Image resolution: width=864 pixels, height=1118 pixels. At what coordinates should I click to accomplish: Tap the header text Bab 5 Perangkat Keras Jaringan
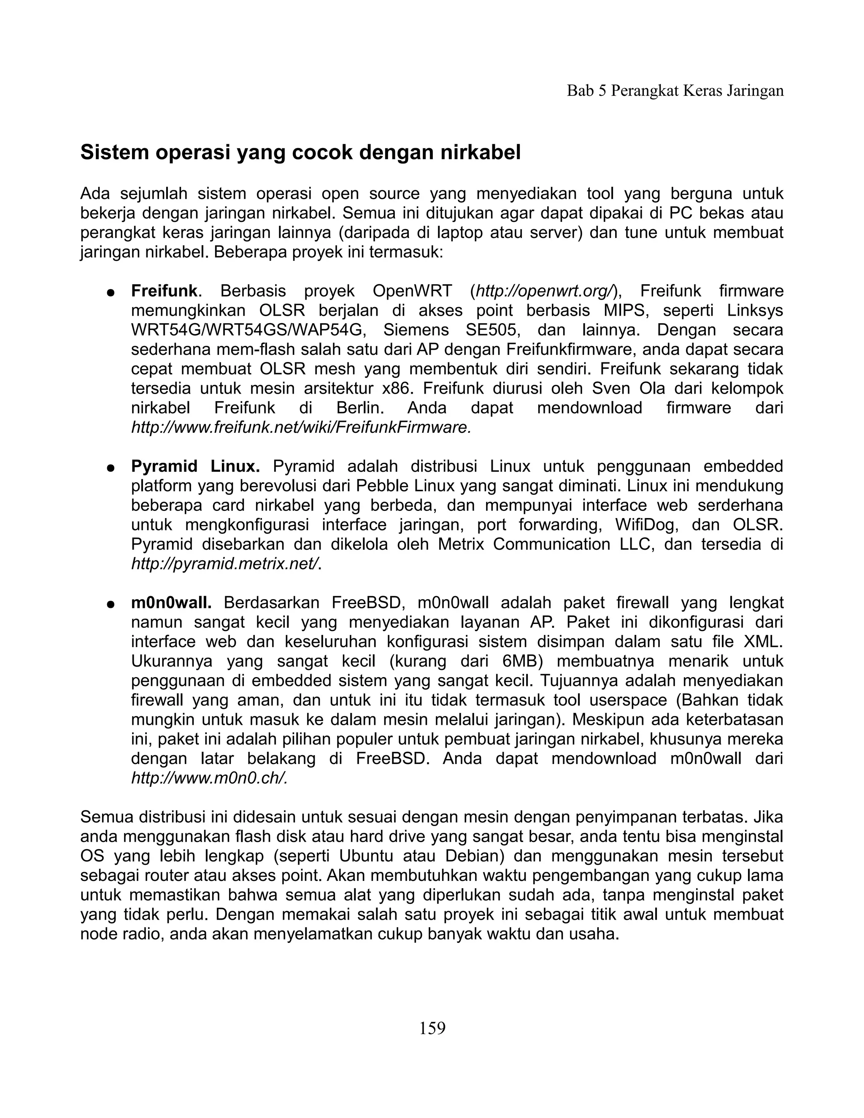click(675, 91)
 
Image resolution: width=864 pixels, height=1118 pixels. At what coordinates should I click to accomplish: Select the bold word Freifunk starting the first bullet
click(164, 291)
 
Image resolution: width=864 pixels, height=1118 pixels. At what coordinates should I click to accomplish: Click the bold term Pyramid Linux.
click(195, 466)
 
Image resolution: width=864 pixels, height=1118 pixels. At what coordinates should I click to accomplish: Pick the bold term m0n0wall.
click(171, 602)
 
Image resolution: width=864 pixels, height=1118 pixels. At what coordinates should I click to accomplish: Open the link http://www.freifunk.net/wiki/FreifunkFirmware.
click(301, 427)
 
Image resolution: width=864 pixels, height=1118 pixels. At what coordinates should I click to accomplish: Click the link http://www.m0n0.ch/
click(209, 778)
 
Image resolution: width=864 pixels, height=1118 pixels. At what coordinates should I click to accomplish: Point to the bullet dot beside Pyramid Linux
click(110, 468)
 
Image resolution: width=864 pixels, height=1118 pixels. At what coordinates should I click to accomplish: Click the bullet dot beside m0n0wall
click(110, 604)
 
